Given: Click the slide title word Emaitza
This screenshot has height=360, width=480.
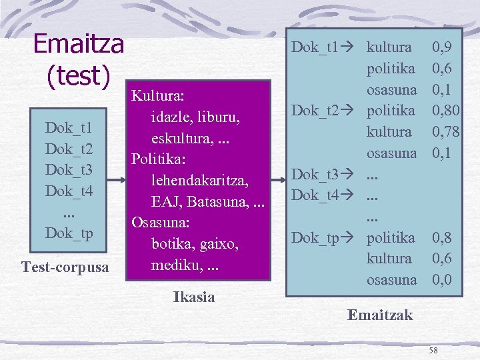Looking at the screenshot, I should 79,44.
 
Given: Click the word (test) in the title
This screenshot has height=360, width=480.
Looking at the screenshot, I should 78,75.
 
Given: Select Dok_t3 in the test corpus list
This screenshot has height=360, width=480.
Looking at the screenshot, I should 69,169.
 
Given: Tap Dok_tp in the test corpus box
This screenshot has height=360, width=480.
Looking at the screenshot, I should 69,233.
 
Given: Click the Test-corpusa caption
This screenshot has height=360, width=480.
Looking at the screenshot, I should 66,267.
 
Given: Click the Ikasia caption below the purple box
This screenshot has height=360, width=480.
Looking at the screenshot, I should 194,297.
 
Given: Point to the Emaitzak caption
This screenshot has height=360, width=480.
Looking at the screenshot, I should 380,315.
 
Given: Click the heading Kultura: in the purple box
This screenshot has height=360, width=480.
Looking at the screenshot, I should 157,97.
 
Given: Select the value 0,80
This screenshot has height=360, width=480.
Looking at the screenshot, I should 445,110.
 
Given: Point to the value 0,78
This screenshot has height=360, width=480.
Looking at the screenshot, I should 445,131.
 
